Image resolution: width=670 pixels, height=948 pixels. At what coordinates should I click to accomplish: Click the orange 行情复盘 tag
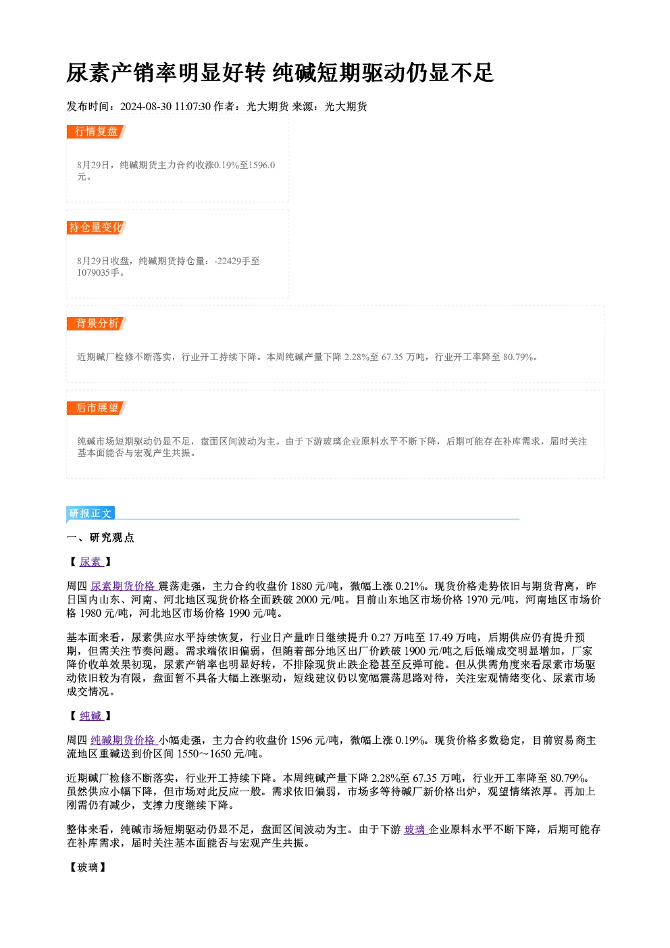tap(97, 132)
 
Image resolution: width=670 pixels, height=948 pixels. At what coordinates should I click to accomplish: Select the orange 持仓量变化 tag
tap(97, 228)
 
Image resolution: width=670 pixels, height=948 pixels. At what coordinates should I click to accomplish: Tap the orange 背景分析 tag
tap(97, 324)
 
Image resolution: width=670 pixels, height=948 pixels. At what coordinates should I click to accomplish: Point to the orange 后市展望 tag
tap(97, 408)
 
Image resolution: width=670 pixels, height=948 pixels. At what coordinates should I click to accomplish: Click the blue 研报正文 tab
tap(91, 514)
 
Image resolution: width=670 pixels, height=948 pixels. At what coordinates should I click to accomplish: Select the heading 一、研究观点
tap(100, 538)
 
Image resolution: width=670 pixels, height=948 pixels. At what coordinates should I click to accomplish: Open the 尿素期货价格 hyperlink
tap(124, 586)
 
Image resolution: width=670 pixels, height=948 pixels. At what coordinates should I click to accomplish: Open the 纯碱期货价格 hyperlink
tap(124, 740)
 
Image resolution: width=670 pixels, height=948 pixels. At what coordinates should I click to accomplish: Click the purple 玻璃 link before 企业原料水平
tap(416, 830)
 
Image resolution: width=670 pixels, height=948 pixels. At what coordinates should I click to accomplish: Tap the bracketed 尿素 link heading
tap(91, 562)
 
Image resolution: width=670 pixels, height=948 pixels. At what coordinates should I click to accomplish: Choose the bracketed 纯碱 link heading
tap(91, 716)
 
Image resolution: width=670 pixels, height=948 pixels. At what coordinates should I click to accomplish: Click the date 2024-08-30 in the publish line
tap(146, 107)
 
